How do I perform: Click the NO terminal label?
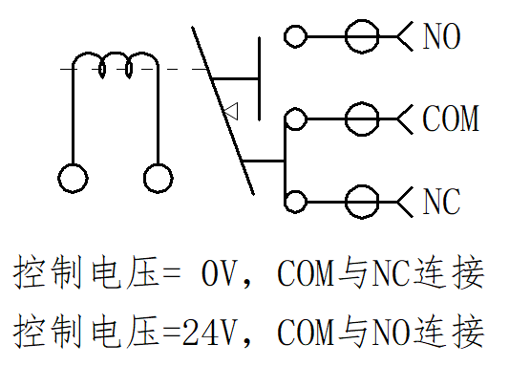click(441, 36)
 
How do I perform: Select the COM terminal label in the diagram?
click(451, 118)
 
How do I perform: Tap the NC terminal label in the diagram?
click(441, 201)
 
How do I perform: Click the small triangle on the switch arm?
click(231, 112)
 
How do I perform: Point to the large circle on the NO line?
click(362, 20)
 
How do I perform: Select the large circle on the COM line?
click(362, 103)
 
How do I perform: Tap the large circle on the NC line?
click(362, 185)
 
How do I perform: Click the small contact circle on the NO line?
click(295, 26)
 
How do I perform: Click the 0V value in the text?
click(218, 272)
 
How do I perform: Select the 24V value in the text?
click(208, 332)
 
